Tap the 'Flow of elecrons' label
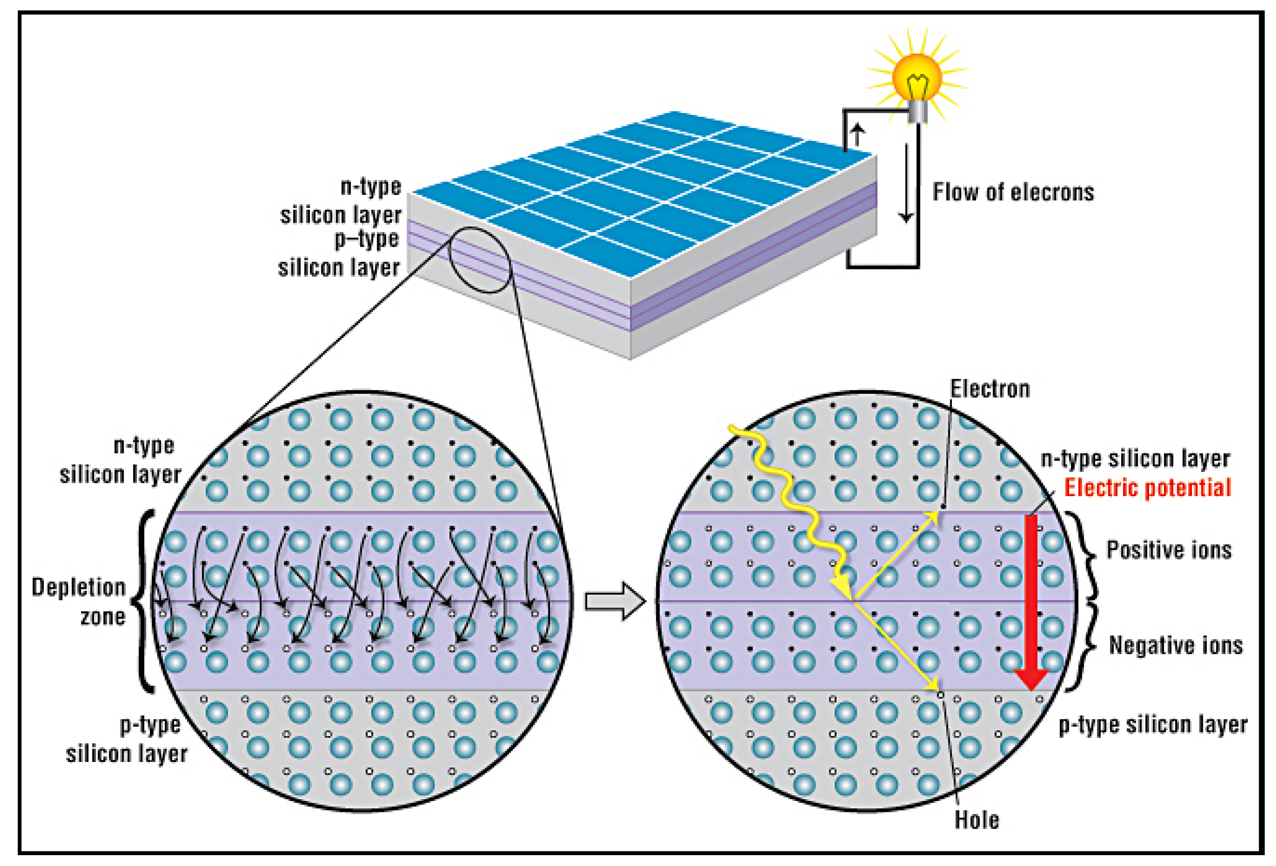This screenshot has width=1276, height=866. point(1013,192)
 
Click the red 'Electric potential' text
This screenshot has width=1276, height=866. point(1148,488)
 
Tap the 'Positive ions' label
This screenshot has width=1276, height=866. point(1169,550)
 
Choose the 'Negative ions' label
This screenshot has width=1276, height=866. point(1175,645)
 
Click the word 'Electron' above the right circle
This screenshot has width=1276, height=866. point(990,389)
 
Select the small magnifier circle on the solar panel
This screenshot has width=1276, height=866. point(480,259)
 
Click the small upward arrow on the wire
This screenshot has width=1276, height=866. point(857,134)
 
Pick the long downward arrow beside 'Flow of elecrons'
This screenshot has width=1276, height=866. point(906,184)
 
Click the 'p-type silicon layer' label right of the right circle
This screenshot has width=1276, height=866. point(1153,725)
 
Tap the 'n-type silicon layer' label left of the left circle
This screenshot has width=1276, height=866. point(121,460)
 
